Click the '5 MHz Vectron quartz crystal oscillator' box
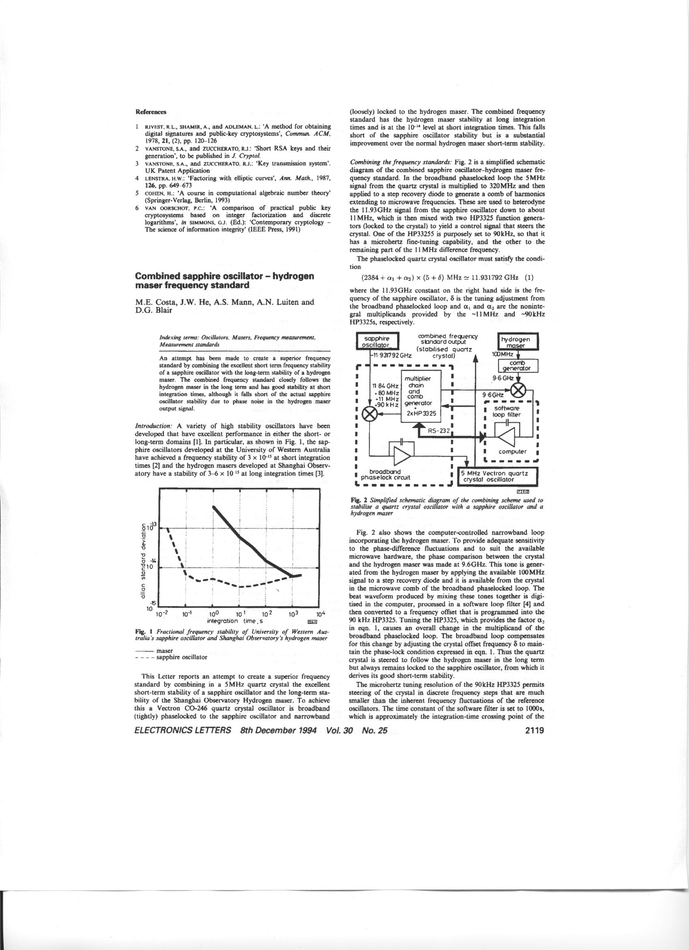(x=498, y=476)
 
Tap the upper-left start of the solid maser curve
(x=214, y=507)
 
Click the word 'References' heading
(x=151, y=112)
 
